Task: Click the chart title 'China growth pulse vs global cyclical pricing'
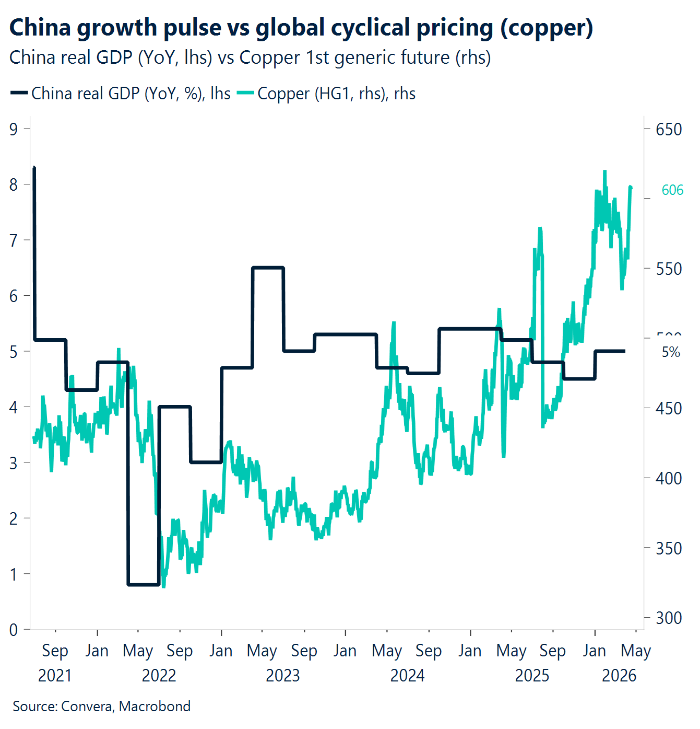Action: (301, 28)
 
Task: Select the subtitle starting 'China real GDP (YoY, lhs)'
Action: (250, 57)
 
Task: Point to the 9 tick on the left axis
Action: (14, 129)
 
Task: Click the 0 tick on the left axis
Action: (14, 630)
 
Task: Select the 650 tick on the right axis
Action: (669, 129)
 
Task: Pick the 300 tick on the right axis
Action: (669, 618)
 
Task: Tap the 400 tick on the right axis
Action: (669, 478)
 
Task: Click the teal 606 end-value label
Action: (672, 190)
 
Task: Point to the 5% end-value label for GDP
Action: (671, 352)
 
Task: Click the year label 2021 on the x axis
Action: (55, 676)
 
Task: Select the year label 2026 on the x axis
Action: (619, 676)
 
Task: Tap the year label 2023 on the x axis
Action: (283, 676)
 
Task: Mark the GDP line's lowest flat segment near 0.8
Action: (144, 584)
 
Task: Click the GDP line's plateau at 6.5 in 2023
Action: (268, 268)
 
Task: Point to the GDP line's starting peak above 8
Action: (34, 168)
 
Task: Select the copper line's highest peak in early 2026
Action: (604, 171)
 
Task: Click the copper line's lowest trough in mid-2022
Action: (164, 586)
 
